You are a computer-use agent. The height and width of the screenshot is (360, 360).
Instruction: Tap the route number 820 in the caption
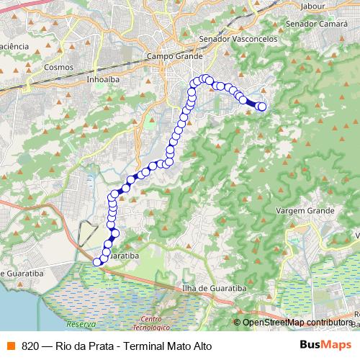click(x=30, y=345)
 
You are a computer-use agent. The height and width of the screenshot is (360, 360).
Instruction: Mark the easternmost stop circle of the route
click(x=261, y=107)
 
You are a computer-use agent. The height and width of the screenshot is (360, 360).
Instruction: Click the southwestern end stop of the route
click(x=98, y=262)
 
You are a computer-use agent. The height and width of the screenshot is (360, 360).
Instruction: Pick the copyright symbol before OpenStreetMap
click(x=238, y=323)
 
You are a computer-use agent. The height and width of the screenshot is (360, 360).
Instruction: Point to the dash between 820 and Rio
click(x=48, y=345)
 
